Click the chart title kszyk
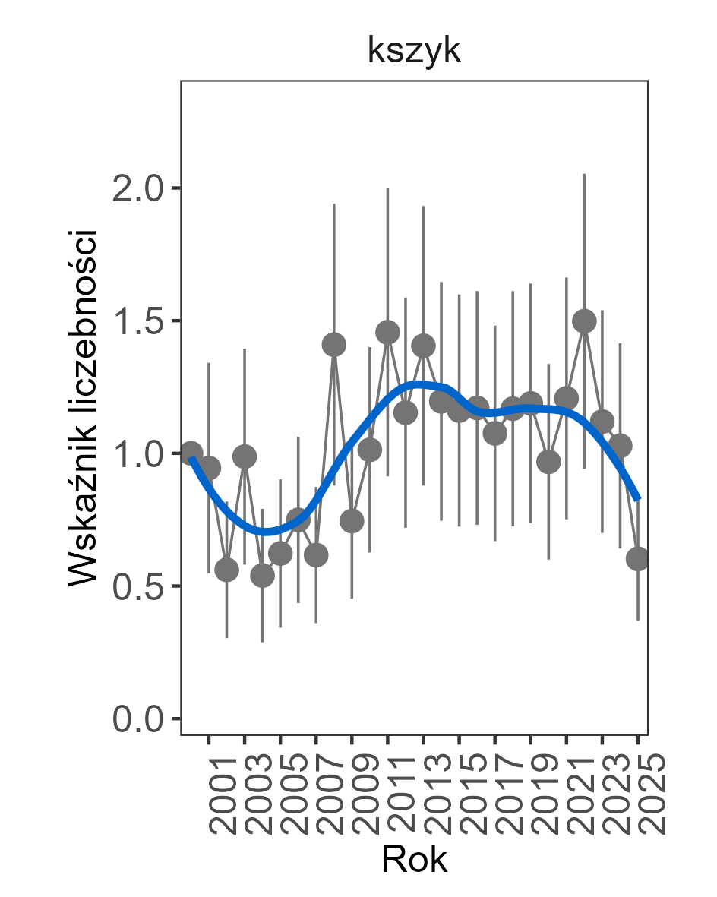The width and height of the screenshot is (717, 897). coord(414,52)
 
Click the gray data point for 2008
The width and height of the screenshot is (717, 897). coord(334,345)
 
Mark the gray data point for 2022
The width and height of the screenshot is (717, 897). coord(584,321)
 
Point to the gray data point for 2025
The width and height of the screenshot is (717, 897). coord(637,559)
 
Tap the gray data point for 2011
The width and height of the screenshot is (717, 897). coord(387,332)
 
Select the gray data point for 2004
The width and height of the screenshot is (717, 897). coord(262,576)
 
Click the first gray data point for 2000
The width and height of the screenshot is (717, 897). coord(191,453)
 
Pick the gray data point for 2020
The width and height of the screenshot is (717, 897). coord(548,461)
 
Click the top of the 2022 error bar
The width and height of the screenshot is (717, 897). coord(584,174)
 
